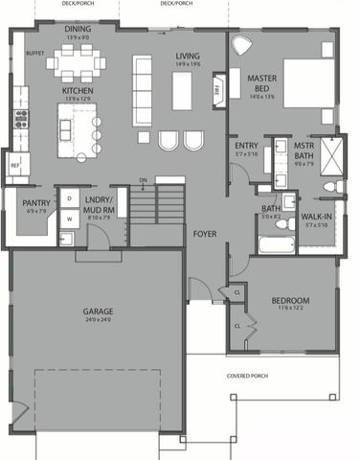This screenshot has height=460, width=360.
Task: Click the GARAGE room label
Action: pyautogui.click(x=95, y=312)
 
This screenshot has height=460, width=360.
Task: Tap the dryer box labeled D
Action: pyautogui.click(x=69, y=198)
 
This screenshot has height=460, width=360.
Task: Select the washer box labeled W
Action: pyautogui.click(x=69, y=219)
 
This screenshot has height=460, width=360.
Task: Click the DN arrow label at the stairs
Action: pyautogui.click(x=143, y=178)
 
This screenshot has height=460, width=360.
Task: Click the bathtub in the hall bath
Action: pyautogui.click(x=272, y=244)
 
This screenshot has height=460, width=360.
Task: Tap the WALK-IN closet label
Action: pyautogui.click(x=317, y=218)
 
